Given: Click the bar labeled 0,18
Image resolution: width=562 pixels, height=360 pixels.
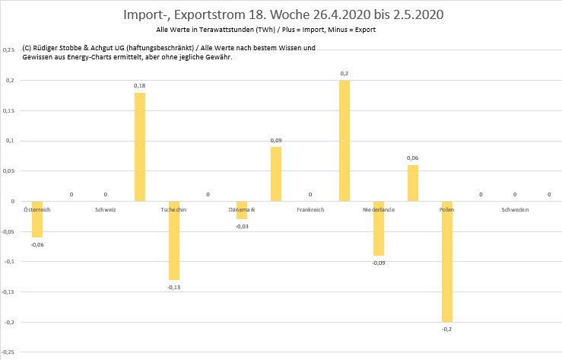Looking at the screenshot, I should pyautogui.click(x=140, y=147).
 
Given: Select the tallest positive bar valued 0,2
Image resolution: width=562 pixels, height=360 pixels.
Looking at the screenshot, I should pyautogui.click(x=345, y=141).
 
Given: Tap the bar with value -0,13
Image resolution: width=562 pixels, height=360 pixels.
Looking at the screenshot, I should pyautogui.click(x=174, y=241).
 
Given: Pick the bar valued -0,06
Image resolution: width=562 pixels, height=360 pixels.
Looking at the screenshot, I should pyautogui.click(x=37, y=219).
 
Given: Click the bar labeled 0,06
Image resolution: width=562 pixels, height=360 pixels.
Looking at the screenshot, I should pyautogui.click(x=413, y=183).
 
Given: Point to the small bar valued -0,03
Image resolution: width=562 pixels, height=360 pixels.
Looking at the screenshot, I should pyautogui.click(x=242, y=211).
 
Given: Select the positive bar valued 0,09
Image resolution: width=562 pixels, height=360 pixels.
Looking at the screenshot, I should pyautogui.click(x=276, y=174).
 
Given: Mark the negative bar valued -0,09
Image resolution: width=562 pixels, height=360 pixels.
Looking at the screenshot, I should pyautogui.click(x=379, y=228).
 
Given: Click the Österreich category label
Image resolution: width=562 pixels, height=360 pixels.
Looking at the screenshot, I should pyautogui.click(x=37, y=209).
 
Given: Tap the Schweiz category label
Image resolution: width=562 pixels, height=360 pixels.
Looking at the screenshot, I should pyautogui.click(x=106, y=209).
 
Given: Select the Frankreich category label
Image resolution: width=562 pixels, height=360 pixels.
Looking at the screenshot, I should pyautogui.click(x=310, y=209).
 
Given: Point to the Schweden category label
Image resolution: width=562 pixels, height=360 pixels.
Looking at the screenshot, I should pyautogui.click(x=515, y=209).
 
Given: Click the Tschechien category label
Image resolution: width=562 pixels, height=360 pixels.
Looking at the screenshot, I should pyautogui.click(x=174, y=209).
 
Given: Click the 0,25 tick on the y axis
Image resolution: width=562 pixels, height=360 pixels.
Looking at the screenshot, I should pyautogui.click(x=9, y=50).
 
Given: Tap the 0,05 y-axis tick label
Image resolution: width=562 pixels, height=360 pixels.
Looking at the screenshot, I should pyautogui.click(x=9, y=171).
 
